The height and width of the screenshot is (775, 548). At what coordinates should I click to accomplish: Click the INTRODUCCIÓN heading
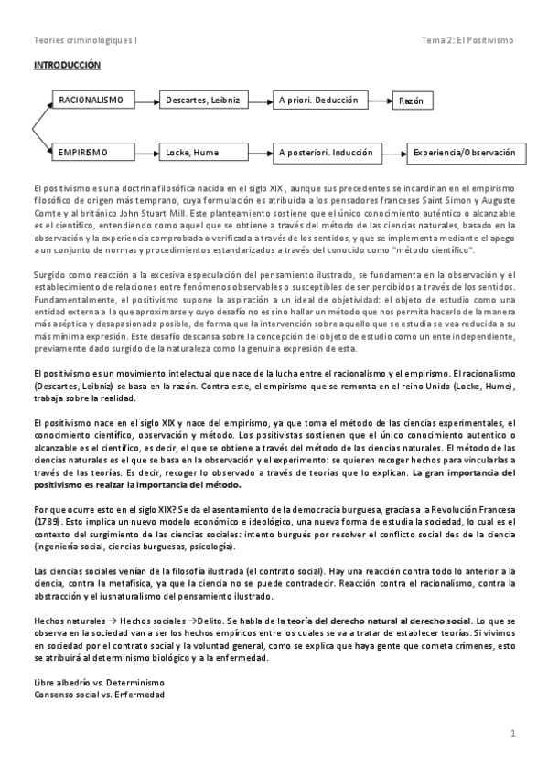pos(67,66)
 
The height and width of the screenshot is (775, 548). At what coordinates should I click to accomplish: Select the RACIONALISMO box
pos(95,99)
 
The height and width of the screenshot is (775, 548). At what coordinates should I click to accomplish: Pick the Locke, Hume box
pos(199,152)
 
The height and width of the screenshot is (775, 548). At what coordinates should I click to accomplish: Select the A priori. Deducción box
pos(319,99)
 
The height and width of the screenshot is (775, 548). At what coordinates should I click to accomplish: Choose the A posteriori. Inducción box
pos(325,152)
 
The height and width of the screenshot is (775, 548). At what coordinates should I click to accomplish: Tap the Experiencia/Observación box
pos(462,152)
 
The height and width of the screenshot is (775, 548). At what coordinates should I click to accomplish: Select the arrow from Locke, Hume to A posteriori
pos(257,152)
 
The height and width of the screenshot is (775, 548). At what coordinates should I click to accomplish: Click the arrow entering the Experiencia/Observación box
pos(392,152)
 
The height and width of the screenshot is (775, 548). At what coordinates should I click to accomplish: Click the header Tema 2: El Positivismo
pos(467,40)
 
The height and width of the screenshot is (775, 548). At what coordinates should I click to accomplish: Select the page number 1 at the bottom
pos(514,733)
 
